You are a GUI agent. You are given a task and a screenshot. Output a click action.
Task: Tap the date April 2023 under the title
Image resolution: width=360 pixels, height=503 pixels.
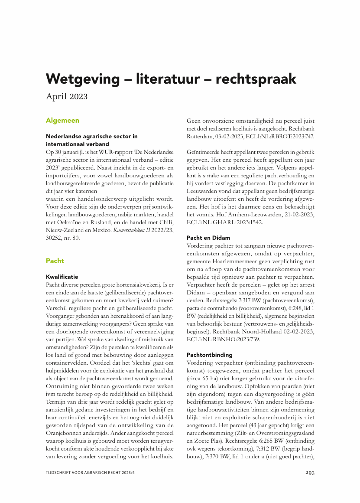pos(67,96)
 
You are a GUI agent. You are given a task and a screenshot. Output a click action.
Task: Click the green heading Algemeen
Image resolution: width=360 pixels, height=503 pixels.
pos(62,121)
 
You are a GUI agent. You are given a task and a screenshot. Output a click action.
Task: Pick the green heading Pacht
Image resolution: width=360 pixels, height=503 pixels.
pos(55,261)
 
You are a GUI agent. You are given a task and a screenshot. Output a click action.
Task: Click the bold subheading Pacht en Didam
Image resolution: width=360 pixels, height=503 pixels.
pos(208,238)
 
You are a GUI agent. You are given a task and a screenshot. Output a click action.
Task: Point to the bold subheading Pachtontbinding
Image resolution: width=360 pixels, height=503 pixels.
pos(210,355)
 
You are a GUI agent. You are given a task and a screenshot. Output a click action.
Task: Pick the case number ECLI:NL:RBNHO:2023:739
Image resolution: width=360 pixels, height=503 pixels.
pos(223,339)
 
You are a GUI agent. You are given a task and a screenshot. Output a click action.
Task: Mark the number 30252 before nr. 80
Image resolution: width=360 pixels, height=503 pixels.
pos(55,238)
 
